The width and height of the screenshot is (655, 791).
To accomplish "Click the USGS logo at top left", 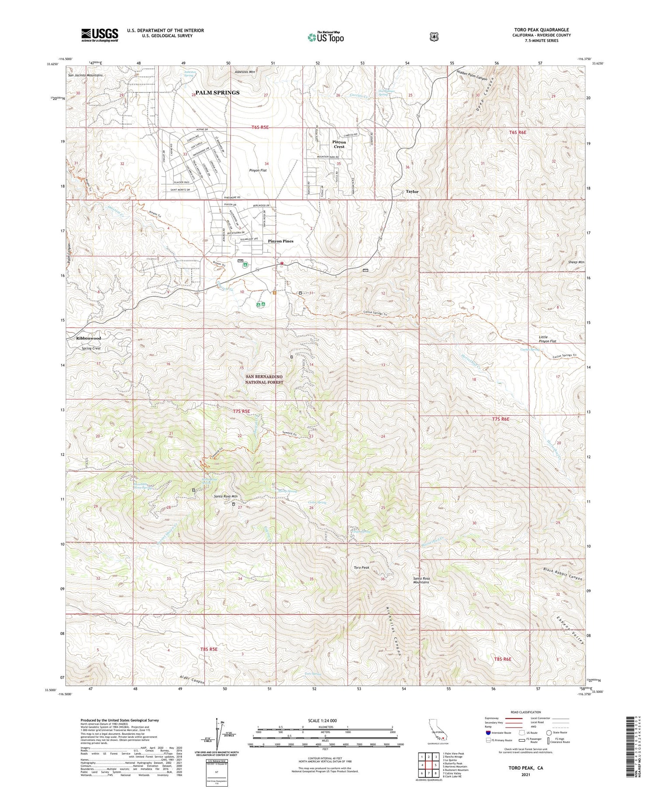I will coord(100,35).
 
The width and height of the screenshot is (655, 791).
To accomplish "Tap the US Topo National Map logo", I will coord(326,37).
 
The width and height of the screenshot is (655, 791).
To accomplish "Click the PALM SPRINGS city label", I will coord(217,92).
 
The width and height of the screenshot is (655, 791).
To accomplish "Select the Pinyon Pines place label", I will coord(280,241).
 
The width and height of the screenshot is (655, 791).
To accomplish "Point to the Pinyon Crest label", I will coord(339,144).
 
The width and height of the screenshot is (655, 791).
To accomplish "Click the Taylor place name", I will coord(412,192).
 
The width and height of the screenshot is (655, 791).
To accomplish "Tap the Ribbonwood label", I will coord(89,338).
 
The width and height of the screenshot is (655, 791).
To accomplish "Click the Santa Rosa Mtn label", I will coord(225,496).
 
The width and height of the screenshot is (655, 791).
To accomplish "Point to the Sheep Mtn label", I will coord(576,262).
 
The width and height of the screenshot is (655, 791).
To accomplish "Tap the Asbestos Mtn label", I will coord(245,72).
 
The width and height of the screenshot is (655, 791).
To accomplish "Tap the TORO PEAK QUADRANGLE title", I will coord(541,30).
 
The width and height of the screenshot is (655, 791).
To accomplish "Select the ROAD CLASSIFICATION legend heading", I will coord(522,712).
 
